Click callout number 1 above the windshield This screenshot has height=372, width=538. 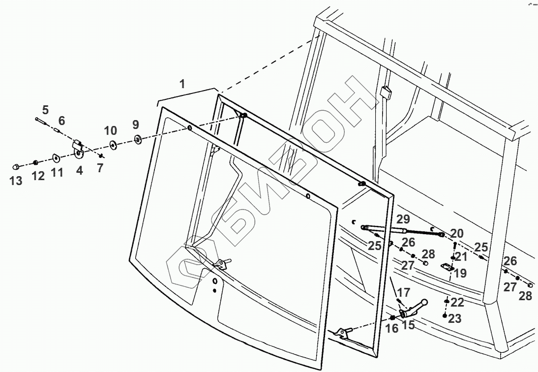pos(182,84)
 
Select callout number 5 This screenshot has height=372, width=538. pos(45,109)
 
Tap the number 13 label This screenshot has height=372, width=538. pos(16,181)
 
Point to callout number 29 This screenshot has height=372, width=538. pos(403,219)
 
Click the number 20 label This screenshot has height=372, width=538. pos(457,233)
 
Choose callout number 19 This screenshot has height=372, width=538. pos(460,273)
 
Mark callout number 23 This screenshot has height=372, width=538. pos(455,319)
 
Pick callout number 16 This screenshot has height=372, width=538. pos(391,329)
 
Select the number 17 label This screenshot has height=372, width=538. pos(404,291)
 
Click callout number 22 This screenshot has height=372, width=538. pos(457,302)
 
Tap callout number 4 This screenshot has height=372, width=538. pos(80,171)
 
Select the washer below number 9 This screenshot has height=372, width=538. pos(137,140)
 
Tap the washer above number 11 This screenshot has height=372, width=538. pos(56,158)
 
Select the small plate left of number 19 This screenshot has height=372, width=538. pos(447,267)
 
